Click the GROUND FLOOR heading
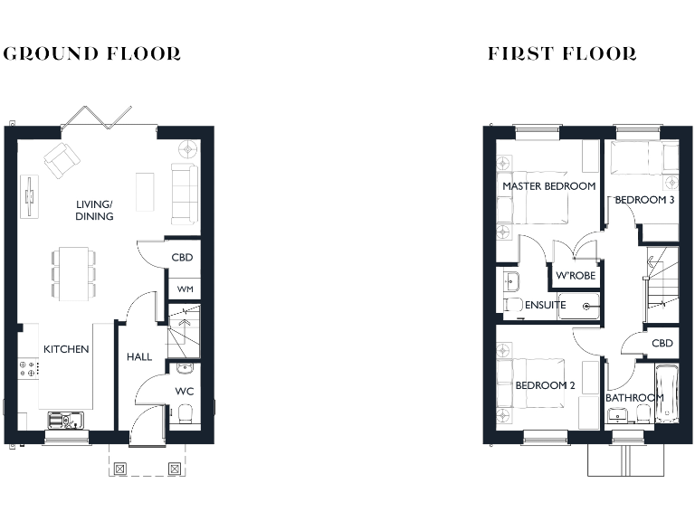(x=92, y=53)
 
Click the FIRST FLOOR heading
(x=562, y=53)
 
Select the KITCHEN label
(x=67, y=349)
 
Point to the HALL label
(x=139, y=356)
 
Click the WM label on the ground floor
(x=184, y=289)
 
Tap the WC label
(x=184, y=392)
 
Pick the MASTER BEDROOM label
(x=548, y=186)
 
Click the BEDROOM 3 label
(x=645, y=201)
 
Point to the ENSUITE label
(x=546, y=305)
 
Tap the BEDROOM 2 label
(x=545, y=385)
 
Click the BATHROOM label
(x=634, y=397)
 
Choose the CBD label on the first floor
(x=662, y=343)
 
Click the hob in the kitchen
(x=27, y=368)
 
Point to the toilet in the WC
(x=186, y=414)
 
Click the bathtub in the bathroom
(x=667, y=394)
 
